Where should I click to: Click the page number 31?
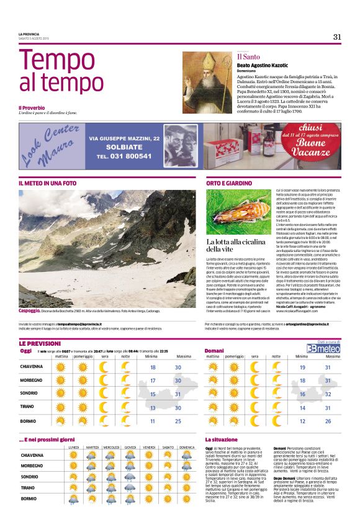[337, 37]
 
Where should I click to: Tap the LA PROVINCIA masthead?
[29, 34]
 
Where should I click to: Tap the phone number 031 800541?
[124, 156]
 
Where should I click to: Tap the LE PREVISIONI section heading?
[40, 343]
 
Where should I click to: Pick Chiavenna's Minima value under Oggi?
[153, 367]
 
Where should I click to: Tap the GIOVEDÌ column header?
[130, 447]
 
